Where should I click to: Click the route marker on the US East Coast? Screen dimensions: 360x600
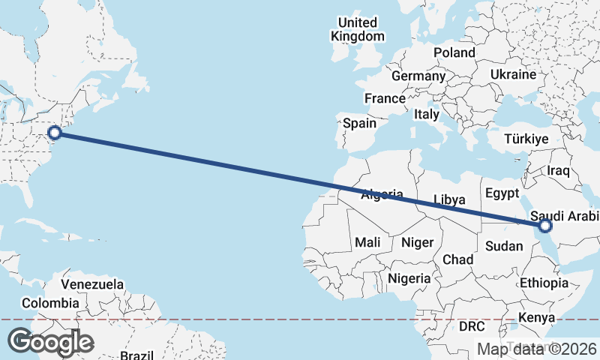coord(54,133)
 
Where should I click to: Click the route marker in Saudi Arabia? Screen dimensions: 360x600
coord(545,225)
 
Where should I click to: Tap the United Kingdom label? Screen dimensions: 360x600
coord(358,28)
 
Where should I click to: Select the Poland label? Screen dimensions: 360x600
coord(454,52)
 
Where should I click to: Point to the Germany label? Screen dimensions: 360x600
coord(418,76)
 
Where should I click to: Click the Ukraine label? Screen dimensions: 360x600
coord(513,75)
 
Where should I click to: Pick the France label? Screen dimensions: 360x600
coord(385,98)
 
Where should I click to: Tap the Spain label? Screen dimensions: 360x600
coord(359,123)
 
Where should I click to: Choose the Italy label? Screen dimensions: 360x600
coord(426,115)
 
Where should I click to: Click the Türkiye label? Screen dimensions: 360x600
coord(526,139)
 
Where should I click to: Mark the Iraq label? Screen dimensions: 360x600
coord(559,171)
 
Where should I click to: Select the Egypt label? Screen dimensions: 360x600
coord(502,193)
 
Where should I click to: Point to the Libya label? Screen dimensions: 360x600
coord(450,199)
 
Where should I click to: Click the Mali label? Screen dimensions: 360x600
coord(367,242)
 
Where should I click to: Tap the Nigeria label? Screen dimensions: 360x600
coord(409,278)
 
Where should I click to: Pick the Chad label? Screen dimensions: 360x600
coord(457,259)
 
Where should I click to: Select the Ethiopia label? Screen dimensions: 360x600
coord(544,283)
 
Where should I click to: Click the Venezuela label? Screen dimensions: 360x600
coord(92,285)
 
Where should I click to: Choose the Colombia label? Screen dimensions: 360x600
coord(50,303)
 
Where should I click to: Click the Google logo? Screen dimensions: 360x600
coord(50,342)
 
